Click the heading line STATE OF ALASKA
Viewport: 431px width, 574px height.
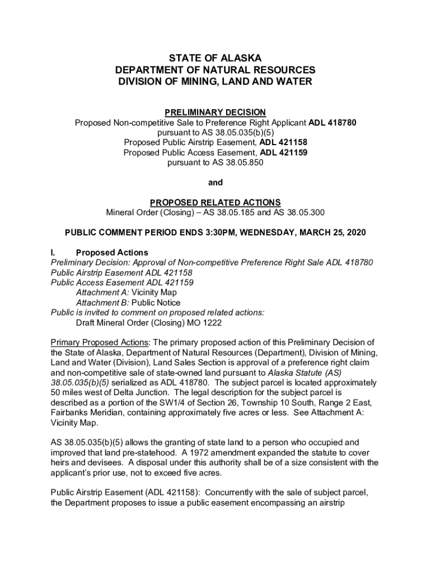(215, 58)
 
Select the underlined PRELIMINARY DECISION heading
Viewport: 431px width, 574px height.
(215, 112)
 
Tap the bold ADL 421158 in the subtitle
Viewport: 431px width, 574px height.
(283, 142)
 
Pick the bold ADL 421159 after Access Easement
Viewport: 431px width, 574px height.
(284, 152)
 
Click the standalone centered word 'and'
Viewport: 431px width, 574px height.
(215, 182)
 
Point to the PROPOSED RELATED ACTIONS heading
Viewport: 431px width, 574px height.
(215, 202)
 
